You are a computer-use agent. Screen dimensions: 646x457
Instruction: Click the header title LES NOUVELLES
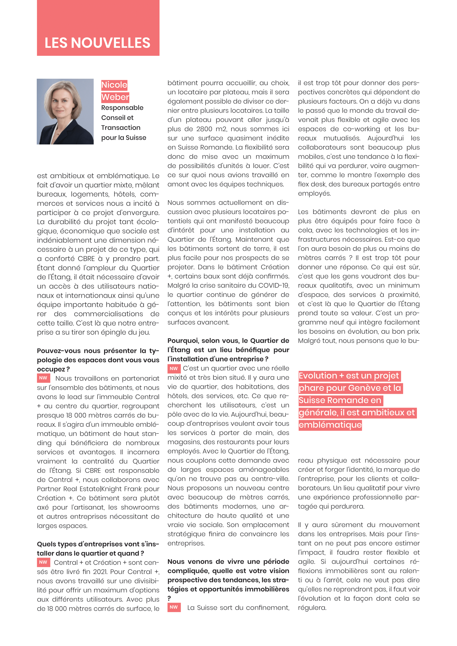click(x=97, y=43)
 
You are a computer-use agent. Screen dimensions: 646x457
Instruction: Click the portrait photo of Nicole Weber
click(x=65, y=111)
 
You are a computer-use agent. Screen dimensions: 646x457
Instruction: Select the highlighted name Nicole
click(x=114, y=85)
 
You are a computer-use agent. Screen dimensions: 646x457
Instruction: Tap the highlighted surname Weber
click(x=115, y=97)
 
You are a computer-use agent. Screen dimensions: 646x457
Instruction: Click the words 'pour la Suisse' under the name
click(x=124, y=138)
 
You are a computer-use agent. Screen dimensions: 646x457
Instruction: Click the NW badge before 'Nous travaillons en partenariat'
click(x=43, y=378)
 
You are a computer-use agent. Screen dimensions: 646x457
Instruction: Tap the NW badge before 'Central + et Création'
click(x=43, y=562)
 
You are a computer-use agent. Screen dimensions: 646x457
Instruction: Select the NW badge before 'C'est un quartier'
click(x=174, y=368)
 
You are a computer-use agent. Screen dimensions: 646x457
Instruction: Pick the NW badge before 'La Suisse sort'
click(x=174, y=607)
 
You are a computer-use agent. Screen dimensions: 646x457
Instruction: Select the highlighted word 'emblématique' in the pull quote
click(x=330, y=424)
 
